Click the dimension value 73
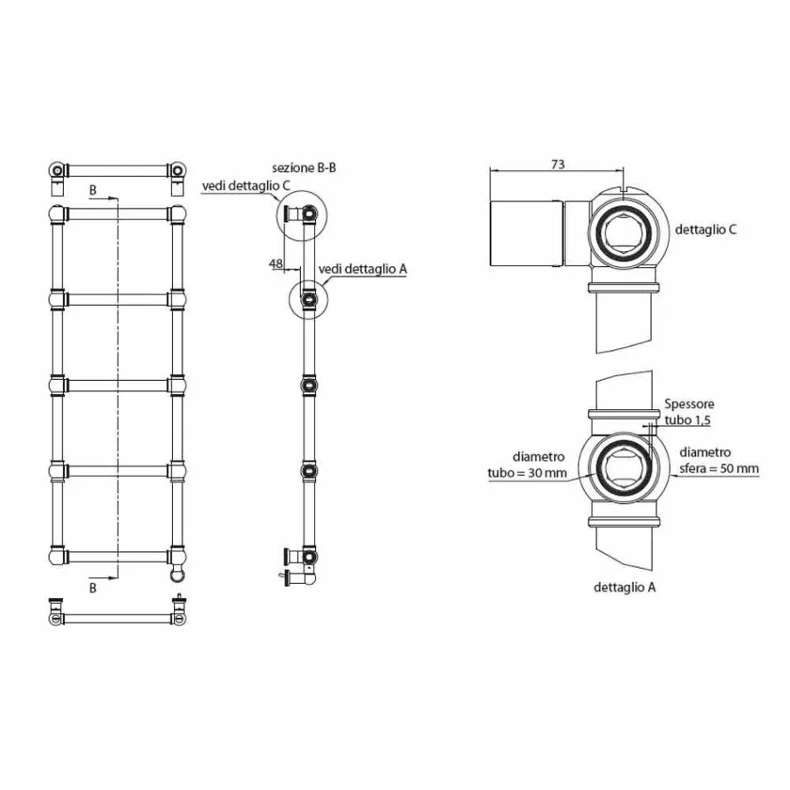point(557,165)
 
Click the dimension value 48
point(275,264)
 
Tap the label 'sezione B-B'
point(304,167)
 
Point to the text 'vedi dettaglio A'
point(362,269)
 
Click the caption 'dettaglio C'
point(705,230)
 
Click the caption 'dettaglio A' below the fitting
point(625,587)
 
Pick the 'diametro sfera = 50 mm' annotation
point(718,460)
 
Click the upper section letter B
point(93,191)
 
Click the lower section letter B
point(93,587)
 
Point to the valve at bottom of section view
point(294,565)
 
